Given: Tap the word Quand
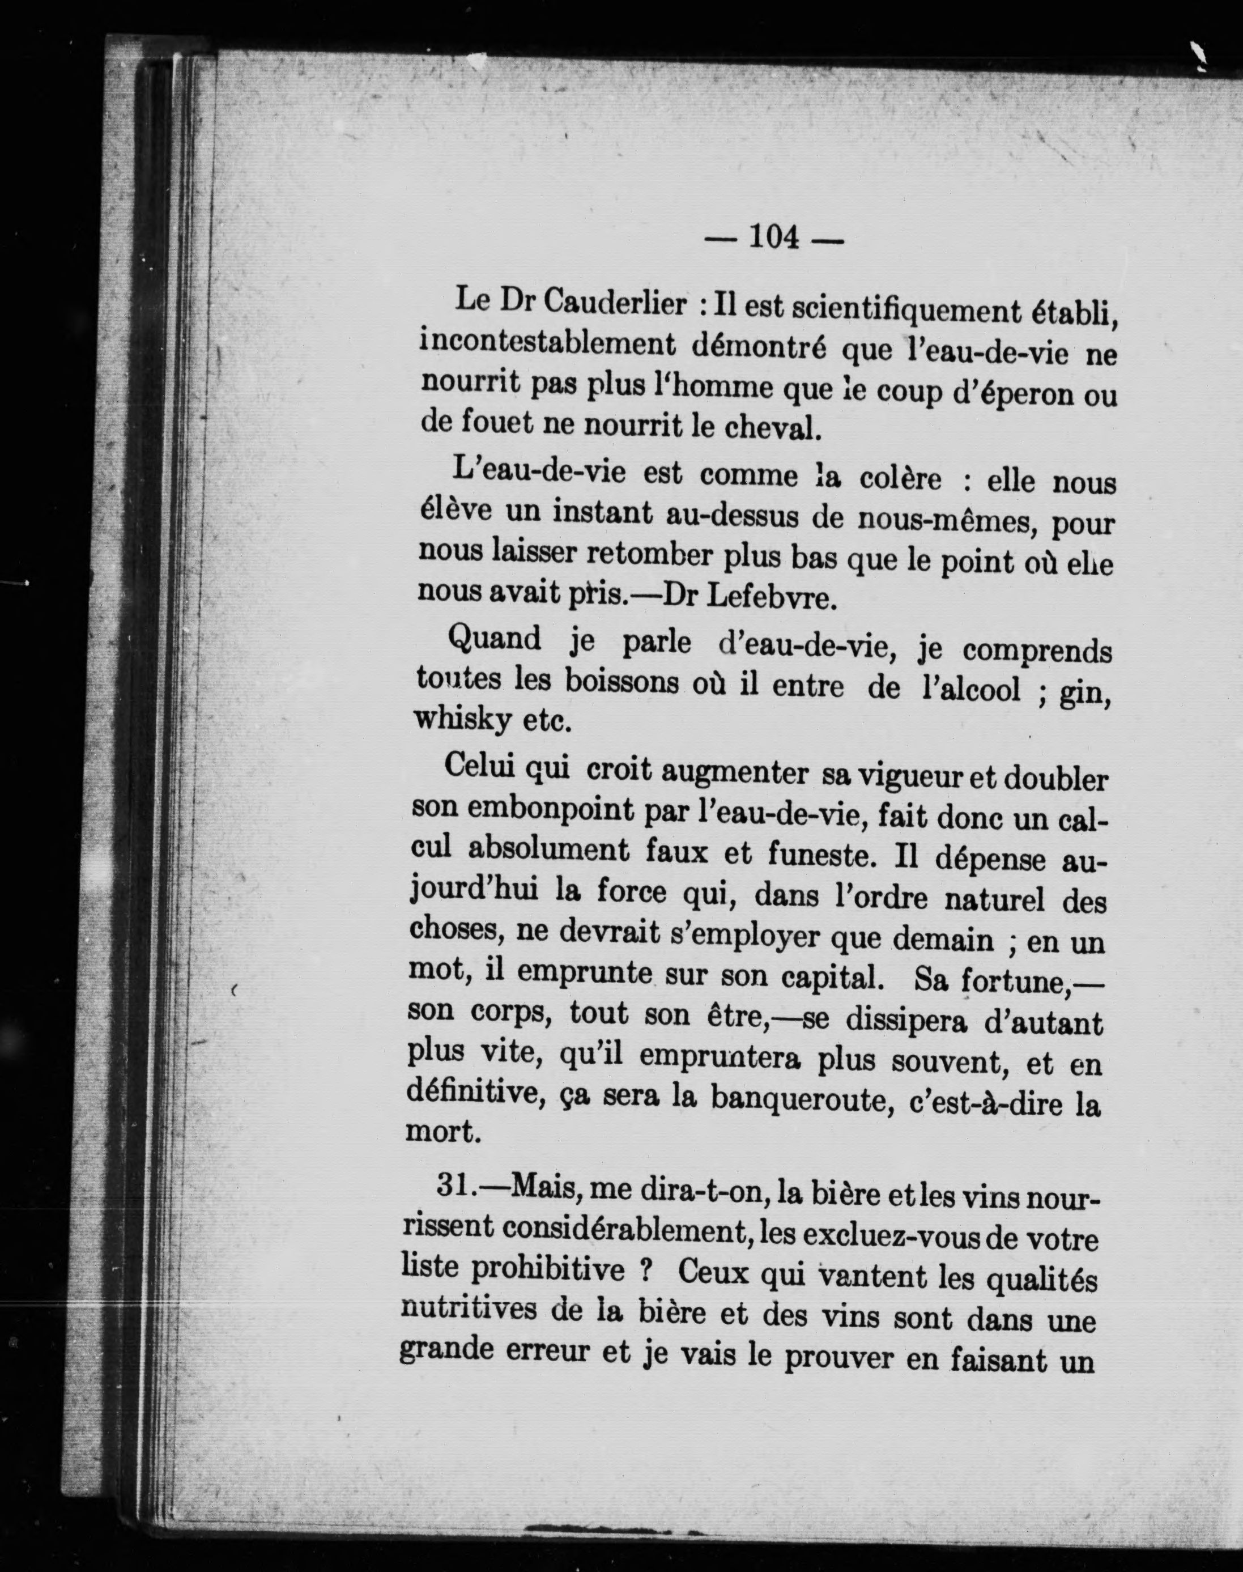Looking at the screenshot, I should (495, 640).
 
